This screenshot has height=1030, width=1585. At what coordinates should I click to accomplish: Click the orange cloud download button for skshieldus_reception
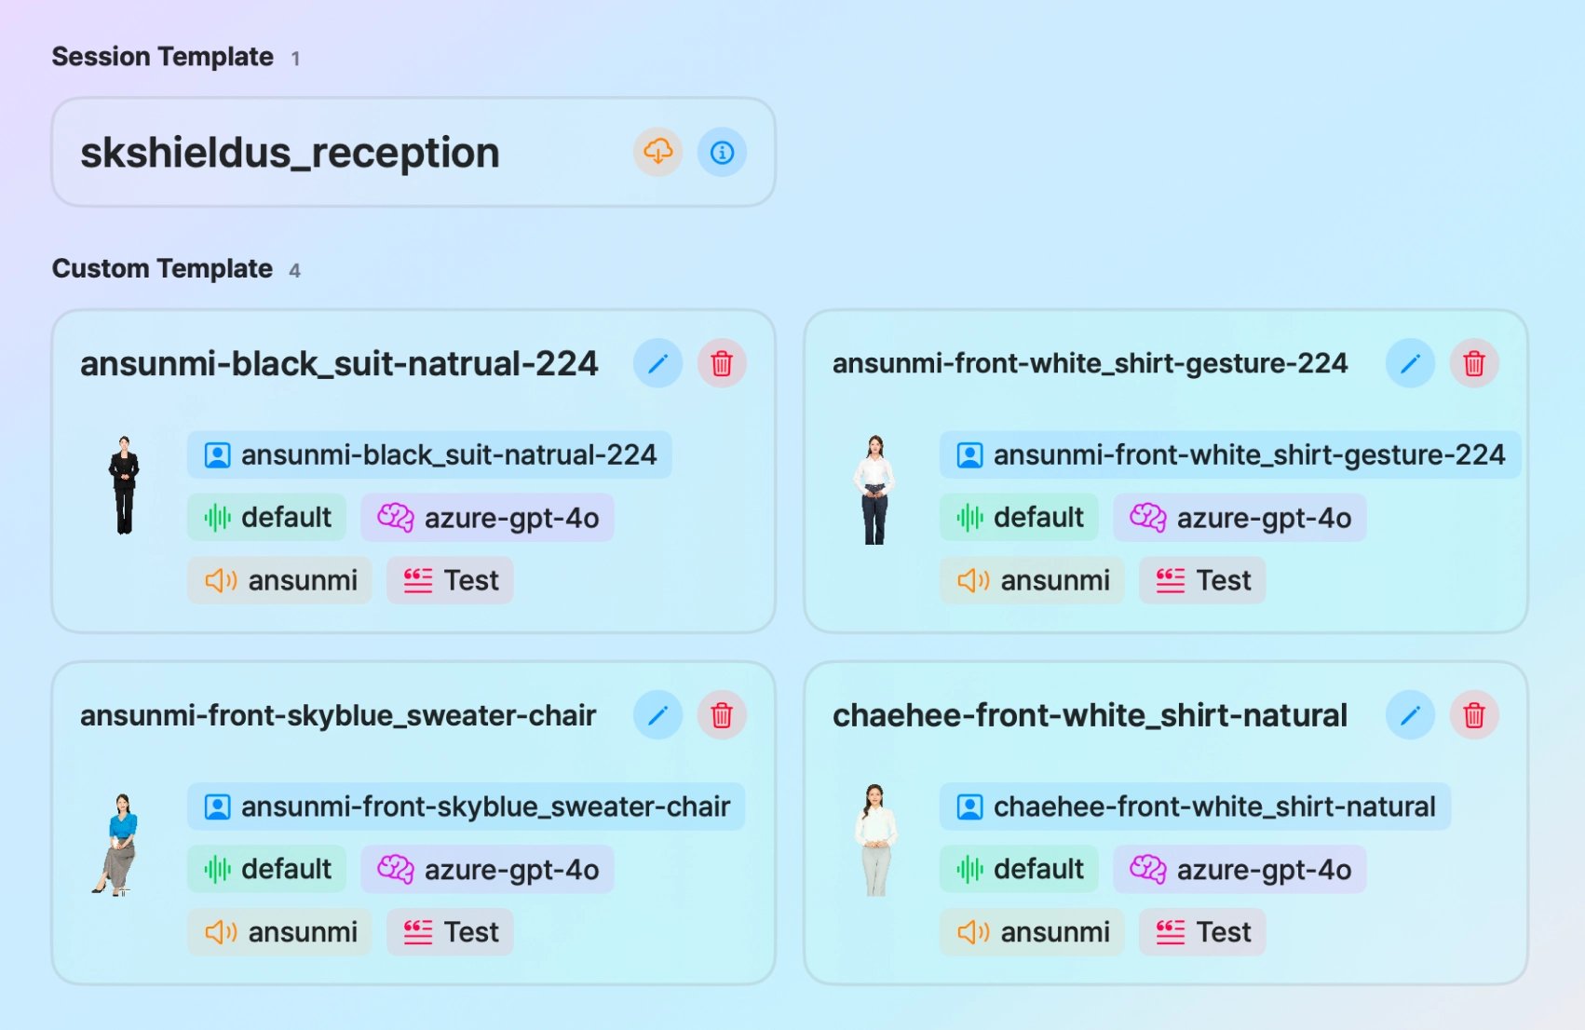tap(658, 152)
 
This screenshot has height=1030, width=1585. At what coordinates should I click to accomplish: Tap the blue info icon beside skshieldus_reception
tap(722, 152)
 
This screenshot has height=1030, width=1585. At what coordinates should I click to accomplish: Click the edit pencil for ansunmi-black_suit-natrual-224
tap(658, 363)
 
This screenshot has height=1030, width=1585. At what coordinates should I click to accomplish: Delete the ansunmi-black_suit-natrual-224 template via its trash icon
tap(722, 363)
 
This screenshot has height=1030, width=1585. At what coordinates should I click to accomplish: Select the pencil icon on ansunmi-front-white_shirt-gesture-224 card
tap(1410, 363)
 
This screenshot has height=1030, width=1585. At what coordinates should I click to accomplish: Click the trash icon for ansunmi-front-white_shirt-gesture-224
tap(1474, 363)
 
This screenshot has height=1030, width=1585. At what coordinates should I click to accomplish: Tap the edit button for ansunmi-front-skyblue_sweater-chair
tap(658, 715)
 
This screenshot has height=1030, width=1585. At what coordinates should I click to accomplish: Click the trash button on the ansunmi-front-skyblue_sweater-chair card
tap(722, 715)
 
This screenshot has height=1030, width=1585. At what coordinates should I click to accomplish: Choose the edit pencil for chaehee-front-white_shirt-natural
tap(1410, 715)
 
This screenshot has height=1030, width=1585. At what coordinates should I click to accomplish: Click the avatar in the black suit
tap(124, 485)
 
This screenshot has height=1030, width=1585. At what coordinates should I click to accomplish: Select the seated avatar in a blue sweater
tap(117, 845)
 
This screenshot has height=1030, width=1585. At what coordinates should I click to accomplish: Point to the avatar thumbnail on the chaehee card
tap(876, 840)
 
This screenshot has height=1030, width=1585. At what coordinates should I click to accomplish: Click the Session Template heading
tap(163, 57)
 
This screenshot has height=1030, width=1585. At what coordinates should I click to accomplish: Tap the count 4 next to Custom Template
tap(294, 270)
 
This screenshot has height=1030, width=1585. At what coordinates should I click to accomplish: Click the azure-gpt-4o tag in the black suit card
tap(488, 518)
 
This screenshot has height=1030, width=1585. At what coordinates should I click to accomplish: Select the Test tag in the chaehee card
tap(1202, 932)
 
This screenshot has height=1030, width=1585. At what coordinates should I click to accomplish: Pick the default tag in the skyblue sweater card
tap(266, 870)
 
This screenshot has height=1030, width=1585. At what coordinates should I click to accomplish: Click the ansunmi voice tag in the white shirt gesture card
tap(1032, 581)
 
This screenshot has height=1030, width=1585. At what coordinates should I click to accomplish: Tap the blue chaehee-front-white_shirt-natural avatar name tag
tap(1195, 806)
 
